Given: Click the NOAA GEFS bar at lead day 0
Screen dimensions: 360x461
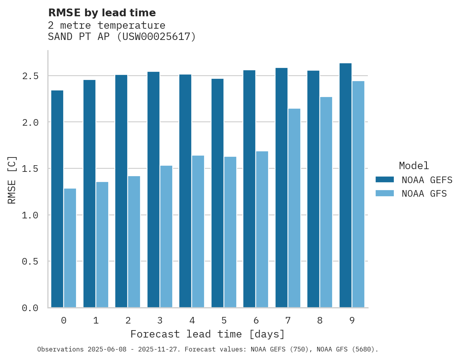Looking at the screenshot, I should tap(57, 199).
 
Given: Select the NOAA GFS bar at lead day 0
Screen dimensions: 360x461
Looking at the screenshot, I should tap(70, 248).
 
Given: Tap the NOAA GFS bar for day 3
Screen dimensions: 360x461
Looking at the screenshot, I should tap(166, 236).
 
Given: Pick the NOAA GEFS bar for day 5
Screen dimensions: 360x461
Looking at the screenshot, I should tap(217, 193).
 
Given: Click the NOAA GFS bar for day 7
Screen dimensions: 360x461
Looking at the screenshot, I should tap(294, 208).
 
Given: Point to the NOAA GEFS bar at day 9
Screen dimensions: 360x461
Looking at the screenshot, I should tap(345, 185).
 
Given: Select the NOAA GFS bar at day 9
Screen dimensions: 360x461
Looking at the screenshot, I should tap(358, 194).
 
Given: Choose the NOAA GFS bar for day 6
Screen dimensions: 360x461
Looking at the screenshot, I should tap(262, 229).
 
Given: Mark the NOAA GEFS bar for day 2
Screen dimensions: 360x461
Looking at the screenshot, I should tap(121, 191).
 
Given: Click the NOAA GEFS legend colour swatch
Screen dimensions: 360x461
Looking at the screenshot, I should tap(385, 180).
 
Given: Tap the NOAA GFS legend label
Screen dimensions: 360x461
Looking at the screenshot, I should tap(424, 194).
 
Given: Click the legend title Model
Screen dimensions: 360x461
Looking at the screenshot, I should tap(414, 166).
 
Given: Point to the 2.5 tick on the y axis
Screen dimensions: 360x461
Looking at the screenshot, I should tap(30, 76).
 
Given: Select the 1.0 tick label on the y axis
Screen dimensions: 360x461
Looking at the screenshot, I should tap(30, 215).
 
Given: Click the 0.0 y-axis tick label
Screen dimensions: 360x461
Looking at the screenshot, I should tap(30, 308).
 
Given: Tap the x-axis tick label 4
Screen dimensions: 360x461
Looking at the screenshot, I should tap(192, 320).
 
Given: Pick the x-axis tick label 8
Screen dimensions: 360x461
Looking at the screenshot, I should tap(320, 320).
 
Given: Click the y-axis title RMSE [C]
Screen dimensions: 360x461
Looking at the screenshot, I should tap(12, 180).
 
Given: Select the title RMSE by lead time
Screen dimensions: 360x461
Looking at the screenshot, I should tap(102, 13).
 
